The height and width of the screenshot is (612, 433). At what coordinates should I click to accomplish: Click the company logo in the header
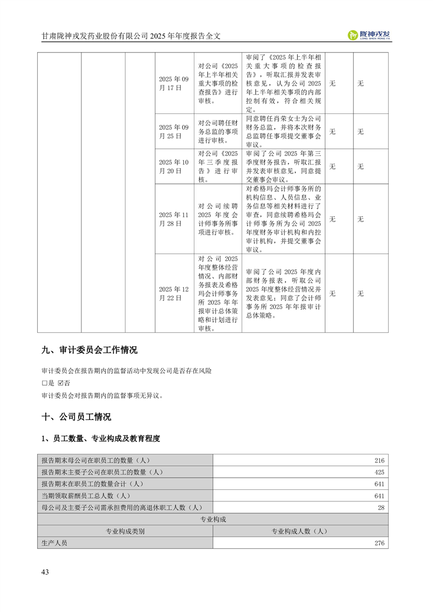tap(369, 35)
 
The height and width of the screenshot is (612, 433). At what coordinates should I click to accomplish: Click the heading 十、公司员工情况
tap(76, 417)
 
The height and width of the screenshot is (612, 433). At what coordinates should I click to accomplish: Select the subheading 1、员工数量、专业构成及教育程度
tap(101, 439)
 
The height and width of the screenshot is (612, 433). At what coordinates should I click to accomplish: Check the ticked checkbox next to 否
tap(61, 383)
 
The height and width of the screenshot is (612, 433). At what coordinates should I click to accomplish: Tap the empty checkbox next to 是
tap(44, 383)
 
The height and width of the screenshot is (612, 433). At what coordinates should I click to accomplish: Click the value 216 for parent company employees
tap(379, 460)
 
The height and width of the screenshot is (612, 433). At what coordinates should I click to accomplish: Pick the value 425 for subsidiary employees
tap(379, 472)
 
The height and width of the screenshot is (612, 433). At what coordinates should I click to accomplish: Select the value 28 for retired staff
tap(381, 508)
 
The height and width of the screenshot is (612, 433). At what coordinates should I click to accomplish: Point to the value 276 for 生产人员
tap(379, 543)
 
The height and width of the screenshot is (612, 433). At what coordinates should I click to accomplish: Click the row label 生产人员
tap(54, 543)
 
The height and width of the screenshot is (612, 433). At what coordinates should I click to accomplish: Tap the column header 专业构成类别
tap(125, 531)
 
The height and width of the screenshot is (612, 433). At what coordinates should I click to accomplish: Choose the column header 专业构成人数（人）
tap(299, 531)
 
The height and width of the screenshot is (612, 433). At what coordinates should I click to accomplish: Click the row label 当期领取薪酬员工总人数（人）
tap(85, 496)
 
